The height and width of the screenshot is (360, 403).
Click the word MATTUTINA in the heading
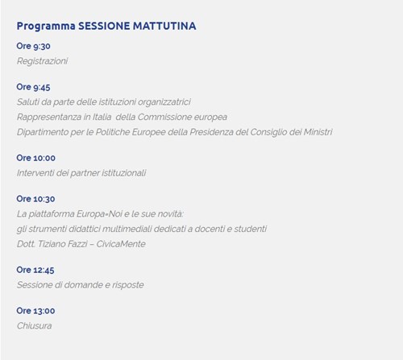pos(164,26)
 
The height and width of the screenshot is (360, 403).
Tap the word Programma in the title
pos(46,27)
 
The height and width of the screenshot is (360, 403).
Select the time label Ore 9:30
pos(33,46)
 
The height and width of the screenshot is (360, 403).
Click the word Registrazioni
pos(42,61)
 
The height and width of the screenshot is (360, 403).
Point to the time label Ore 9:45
pos(33,87)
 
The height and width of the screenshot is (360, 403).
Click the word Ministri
pos(318,132)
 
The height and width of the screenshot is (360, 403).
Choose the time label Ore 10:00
pos(36,158)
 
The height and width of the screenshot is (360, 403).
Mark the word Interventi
pos(35,173)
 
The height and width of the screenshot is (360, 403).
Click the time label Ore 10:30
pos(35,199)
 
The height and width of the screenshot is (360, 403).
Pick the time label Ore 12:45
pos(35,270)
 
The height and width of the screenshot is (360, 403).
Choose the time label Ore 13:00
pos(35,311)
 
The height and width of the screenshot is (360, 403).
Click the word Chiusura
pos(35,325)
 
